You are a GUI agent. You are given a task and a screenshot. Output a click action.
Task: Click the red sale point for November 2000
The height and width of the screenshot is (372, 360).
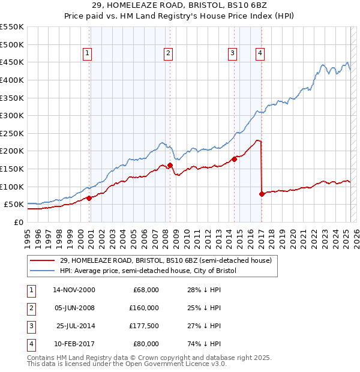point(89,197)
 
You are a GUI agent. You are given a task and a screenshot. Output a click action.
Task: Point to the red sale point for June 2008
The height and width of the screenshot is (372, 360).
point(170,165)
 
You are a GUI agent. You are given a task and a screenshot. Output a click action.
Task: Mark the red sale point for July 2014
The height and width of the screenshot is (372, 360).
point(235,159)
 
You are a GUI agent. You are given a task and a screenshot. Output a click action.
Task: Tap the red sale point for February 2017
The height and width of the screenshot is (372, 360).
point(262,194)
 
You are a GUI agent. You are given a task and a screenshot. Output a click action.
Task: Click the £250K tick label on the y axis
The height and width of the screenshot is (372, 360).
point(12,133)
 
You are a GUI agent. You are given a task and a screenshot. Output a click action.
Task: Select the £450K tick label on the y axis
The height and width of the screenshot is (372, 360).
point(12,62)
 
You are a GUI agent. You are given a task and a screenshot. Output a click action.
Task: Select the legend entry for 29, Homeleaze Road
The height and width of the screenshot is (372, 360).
point(166,260)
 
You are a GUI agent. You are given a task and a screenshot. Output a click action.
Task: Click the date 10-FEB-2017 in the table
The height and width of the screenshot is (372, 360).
point(73,344)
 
